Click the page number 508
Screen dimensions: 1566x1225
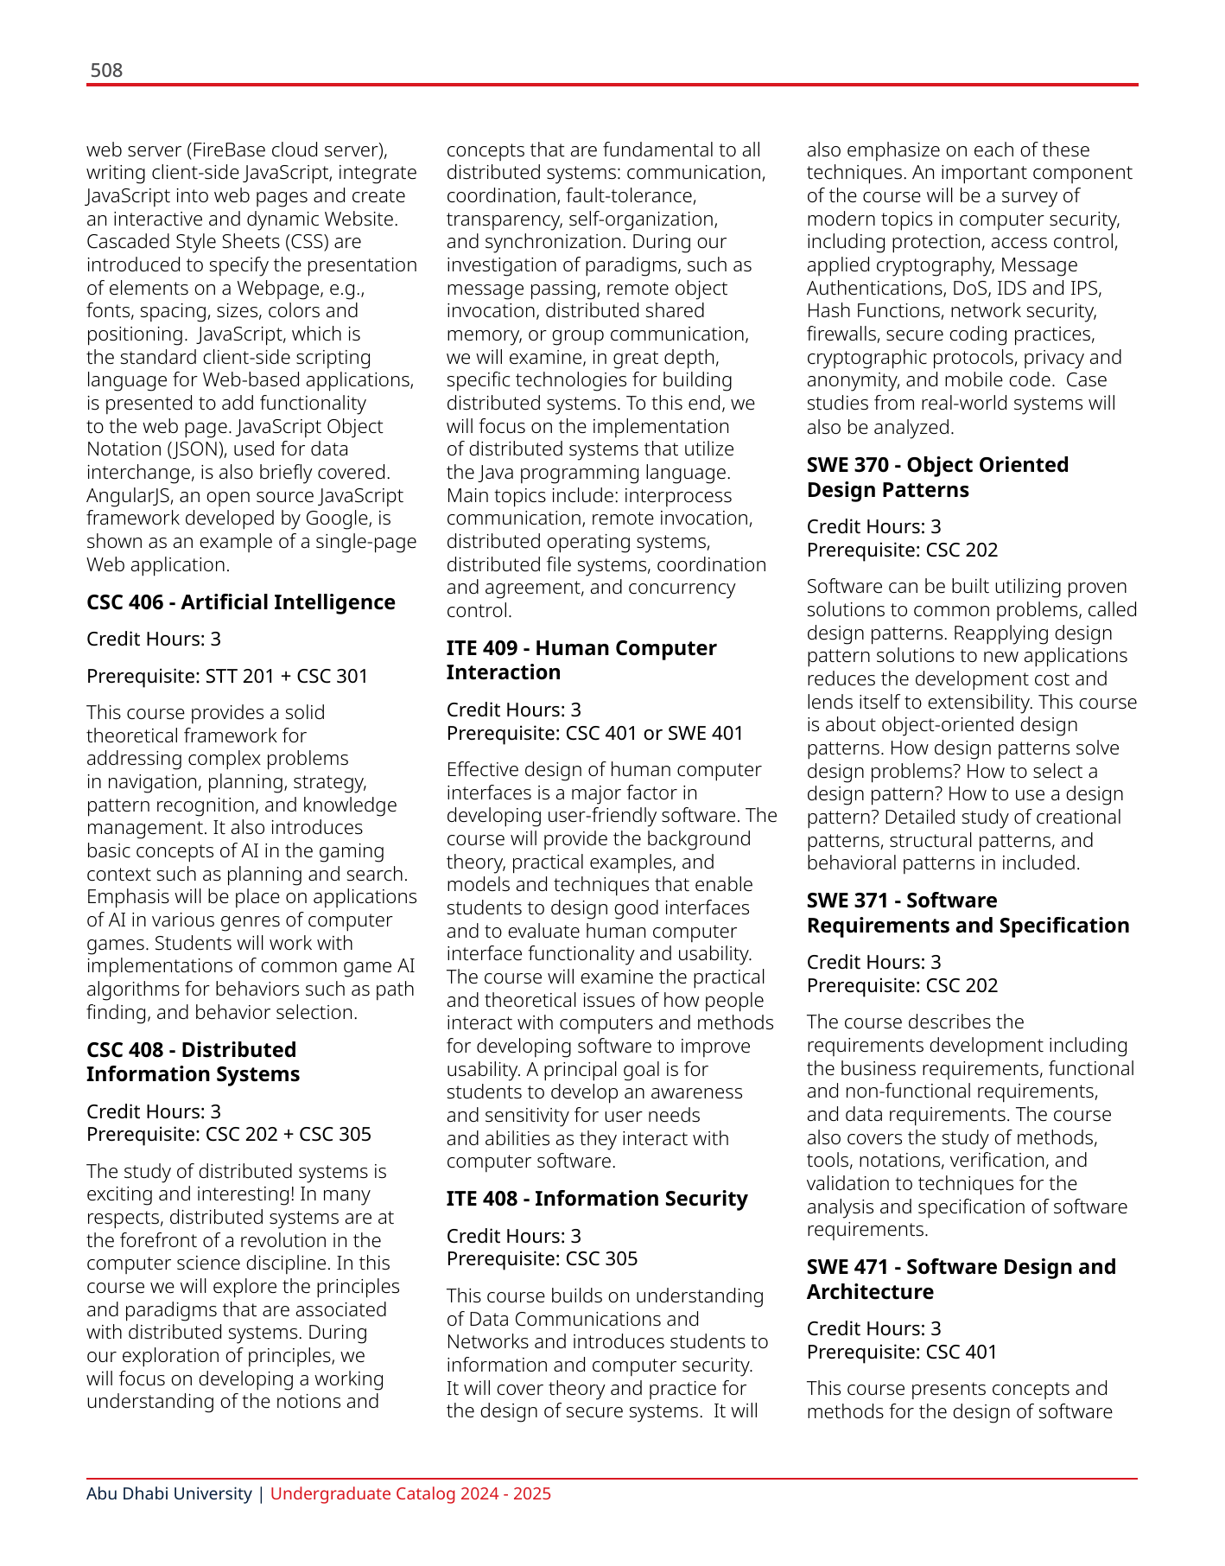click(106, 71)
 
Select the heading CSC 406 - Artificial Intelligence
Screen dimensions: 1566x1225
click(240, 602)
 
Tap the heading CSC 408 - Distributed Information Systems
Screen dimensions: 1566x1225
click(193, 1062)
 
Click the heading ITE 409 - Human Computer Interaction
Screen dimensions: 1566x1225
click(581, 660)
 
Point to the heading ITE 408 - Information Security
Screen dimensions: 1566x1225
click(596, 1199)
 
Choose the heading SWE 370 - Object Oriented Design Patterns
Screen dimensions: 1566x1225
click(936, 477)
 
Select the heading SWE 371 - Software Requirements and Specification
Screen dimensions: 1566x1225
click(967, 913)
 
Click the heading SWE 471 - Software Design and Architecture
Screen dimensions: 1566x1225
click(961, 1279)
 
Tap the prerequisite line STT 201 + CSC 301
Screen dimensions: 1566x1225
click(226, 676)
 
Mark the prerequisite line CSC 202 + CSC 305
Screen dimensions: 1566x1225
click(228, 1134)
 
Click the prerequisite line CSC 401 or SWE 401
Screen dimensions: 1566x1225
click(594, 733)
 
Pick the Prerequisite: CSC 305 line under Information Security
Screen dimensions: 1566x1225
click(542, 1258)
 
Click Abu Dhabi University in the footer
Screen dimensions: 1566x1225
click(168, 1493)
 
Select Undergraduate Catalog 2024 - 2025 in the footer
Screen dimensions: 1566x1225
click(410, 1493)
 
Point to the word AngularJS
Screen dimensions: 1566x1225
click(124, 495)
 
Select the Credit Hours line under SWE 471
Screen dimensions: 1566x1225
click(873, 1328)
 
